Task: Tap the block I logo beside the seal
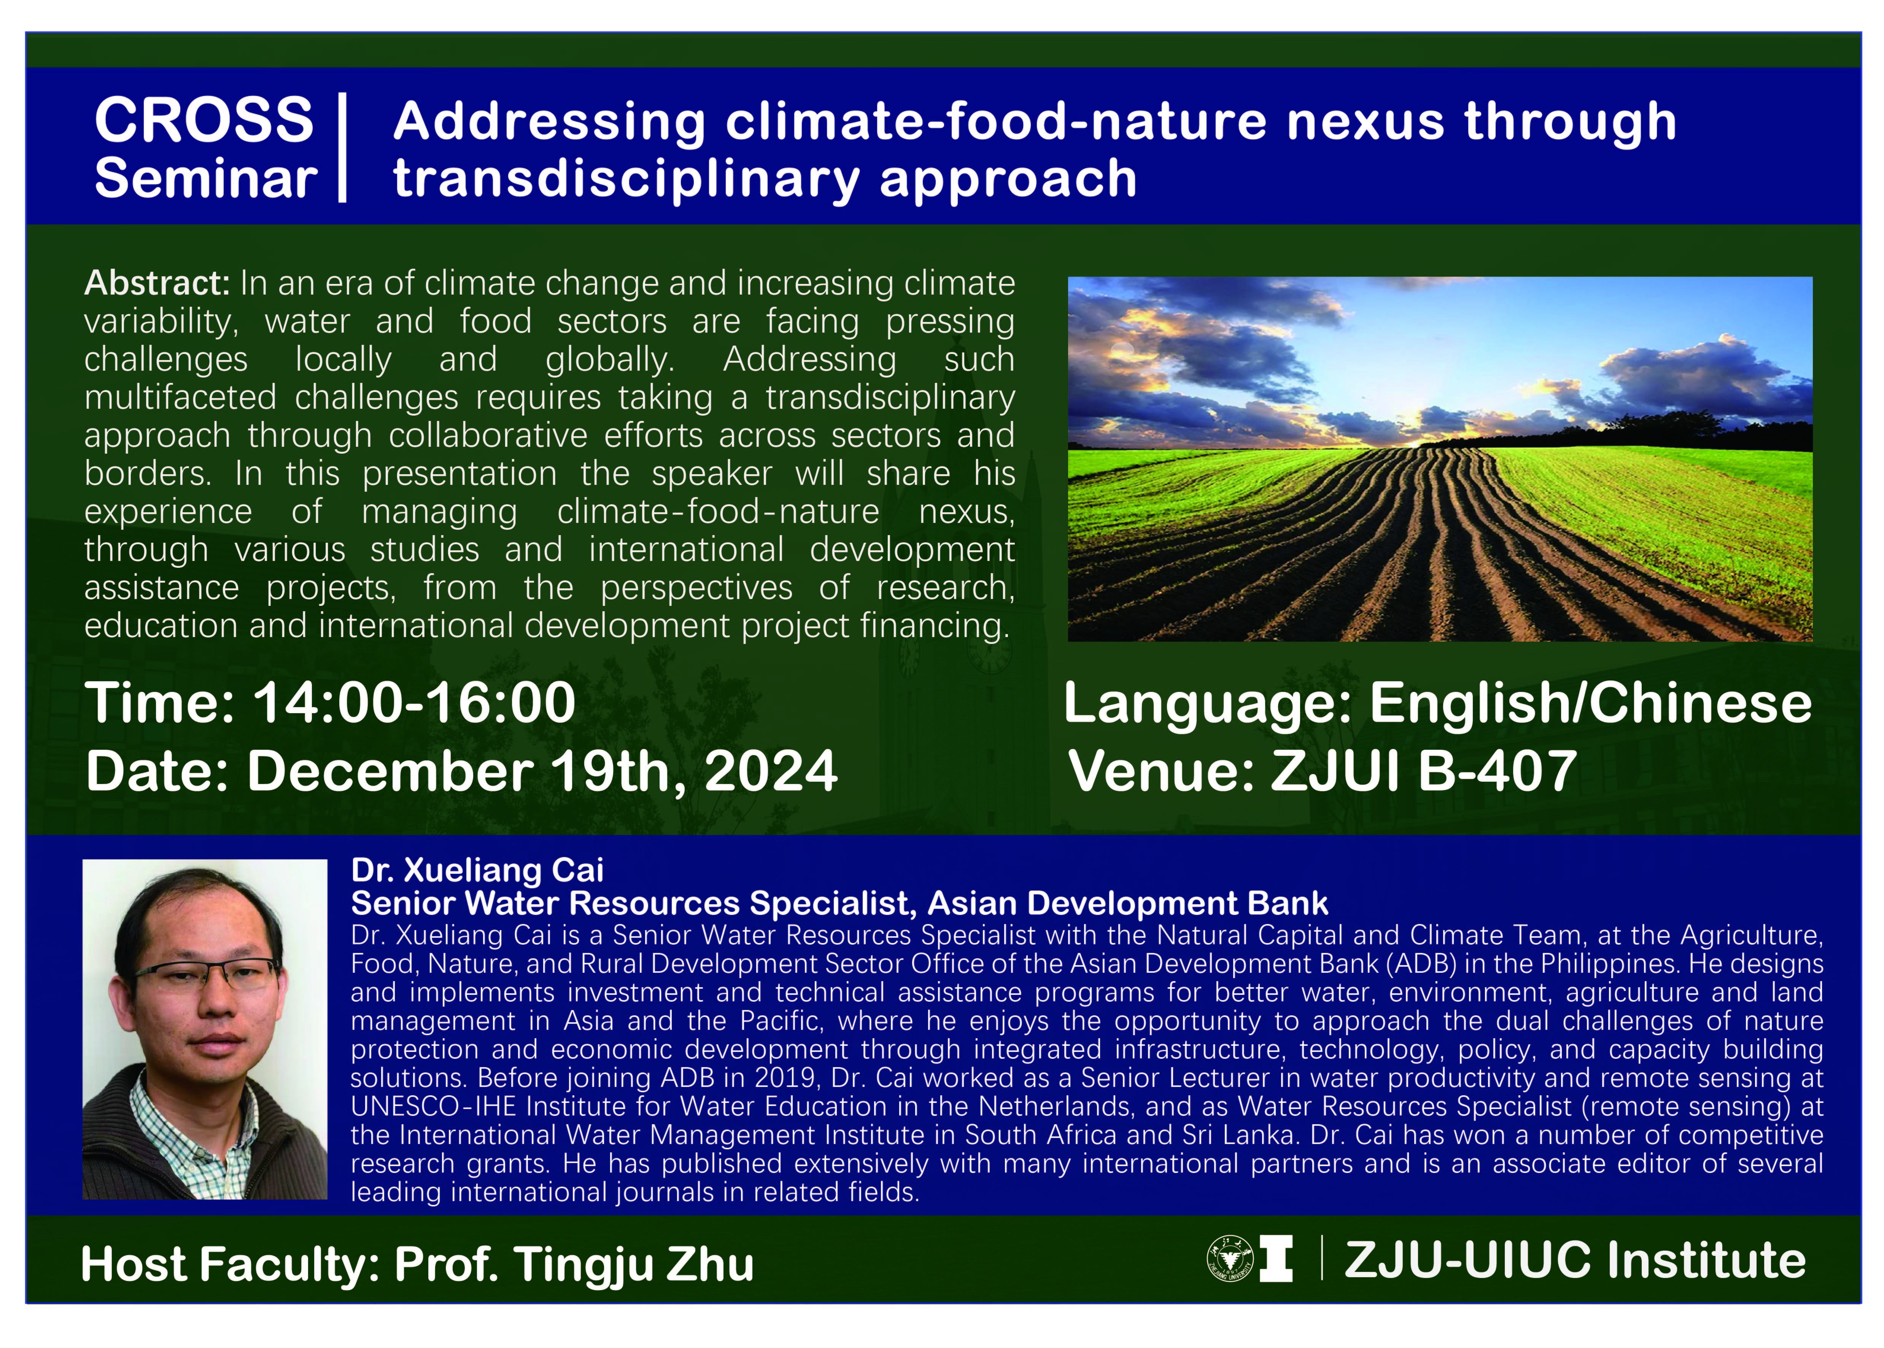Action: (1276, 1259)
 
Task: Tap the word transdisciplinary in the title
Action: (626, 179)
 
